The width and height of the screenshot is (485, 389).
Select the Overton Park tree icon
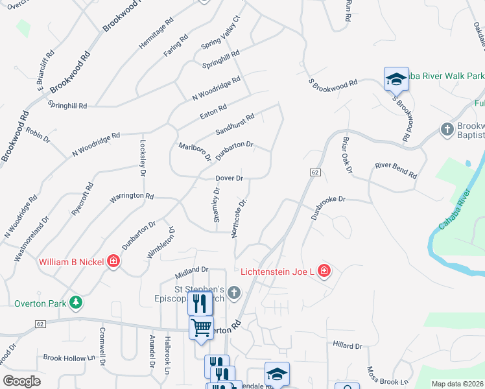76,302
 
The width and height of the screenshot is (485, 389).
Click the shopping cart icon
201,328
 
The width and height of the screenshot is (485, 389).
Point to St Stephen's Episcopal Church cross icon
233,294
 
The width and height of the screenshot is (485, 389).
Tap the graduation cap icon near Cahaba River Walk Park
396,79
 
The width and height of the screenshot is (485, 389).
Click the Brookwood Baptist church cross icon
447,130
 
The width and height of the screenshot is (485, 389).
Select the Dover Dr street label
230,178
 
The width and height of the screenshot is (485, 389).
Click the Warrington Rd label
132,196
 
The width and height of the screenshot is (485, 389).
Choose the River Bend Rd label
396,170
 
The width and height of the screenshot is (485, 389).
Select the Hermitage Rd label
156,33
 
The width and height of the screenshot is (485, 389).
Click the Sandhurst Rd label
235,124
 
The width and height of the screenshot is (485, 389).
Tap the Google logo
21,381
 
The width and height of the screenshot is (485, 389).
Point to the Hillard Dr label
347,346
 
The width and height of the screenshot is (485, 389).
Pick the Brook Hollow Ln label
69,357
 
